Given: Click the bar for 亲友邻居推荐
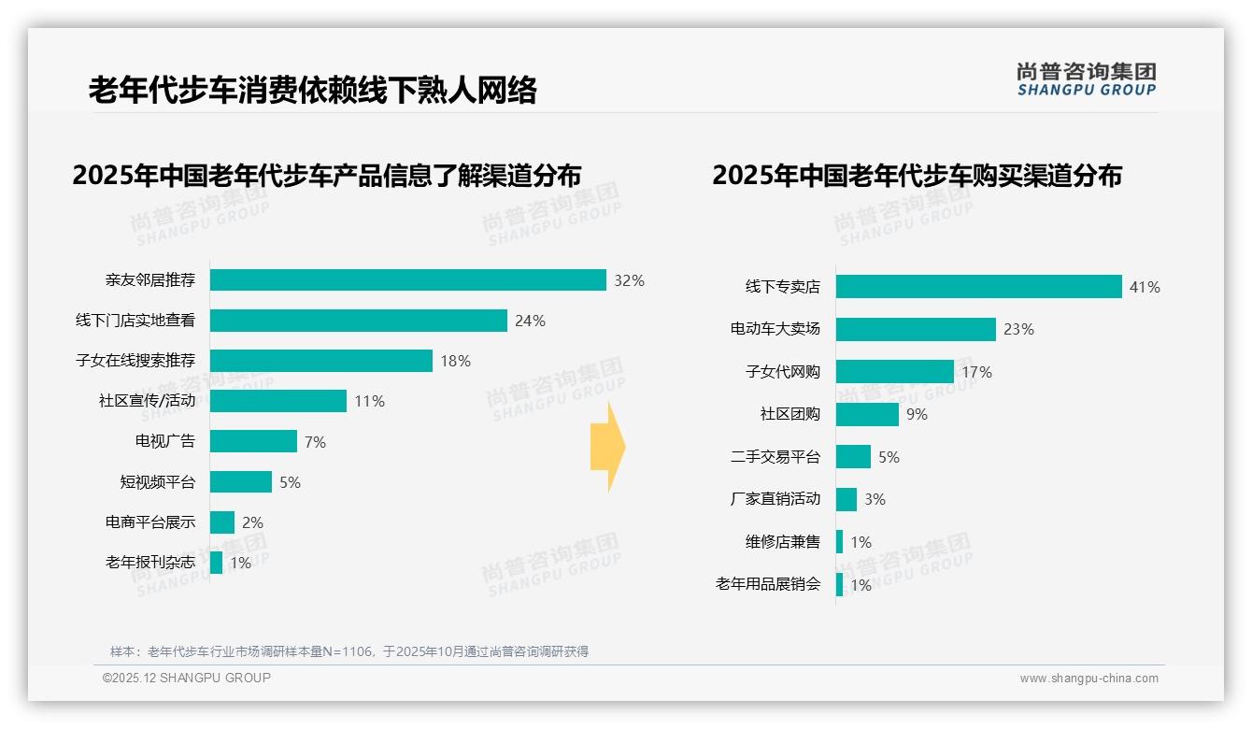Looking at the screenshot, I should click(x=407, y=280).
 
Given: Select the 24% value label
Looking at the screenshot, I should click(x=530, y=321).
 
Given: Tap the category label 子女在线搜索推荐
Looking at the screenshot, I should click(x=135, y=361).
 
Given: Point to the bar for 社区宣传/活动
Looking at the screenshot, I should click(x=277, y=401).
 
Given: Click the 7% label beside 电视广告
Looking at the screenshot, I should click(x=315, y=442).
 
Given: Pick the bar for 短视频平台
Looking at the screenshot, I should click(x=240, y=481).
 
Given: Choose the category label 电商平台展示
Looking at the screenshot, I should click(x=150, y=522).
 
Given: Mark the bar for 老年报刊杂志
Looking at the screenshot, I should click(x=216, y=563).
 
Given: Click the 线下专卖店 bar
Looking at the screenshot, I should click(x=978, y=287).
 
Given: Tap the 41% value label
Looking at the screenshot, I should click(x=1145, y=287).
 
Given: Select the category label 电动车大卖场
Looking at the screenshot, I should click(x=775, y=329).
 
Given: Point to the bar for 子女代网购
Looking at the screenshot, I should click(x=894, y=372).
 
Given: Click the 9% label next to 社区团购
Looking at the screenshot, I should click(x=917, y=414).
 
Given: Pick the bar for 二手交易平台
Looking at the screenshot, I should click(x=853, y=457).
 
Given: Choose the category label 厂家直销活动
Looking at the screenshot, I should click(x=775, y=499).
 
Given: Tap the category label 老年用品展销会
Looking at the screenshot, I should click(x=767, y=584).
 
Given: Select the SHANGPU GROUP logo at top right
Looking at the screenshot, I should click(x=1086, y=79).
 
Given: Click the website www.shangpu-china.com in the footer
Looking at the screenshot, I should click(x=1088, y=679).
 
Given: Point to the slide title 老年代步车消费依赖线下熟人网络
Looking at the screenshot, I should click(x=313, y=91).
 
